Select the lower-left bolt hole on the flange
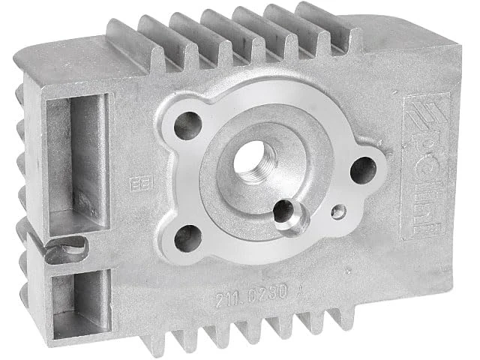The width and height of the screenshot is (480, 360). pos(187,238)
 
